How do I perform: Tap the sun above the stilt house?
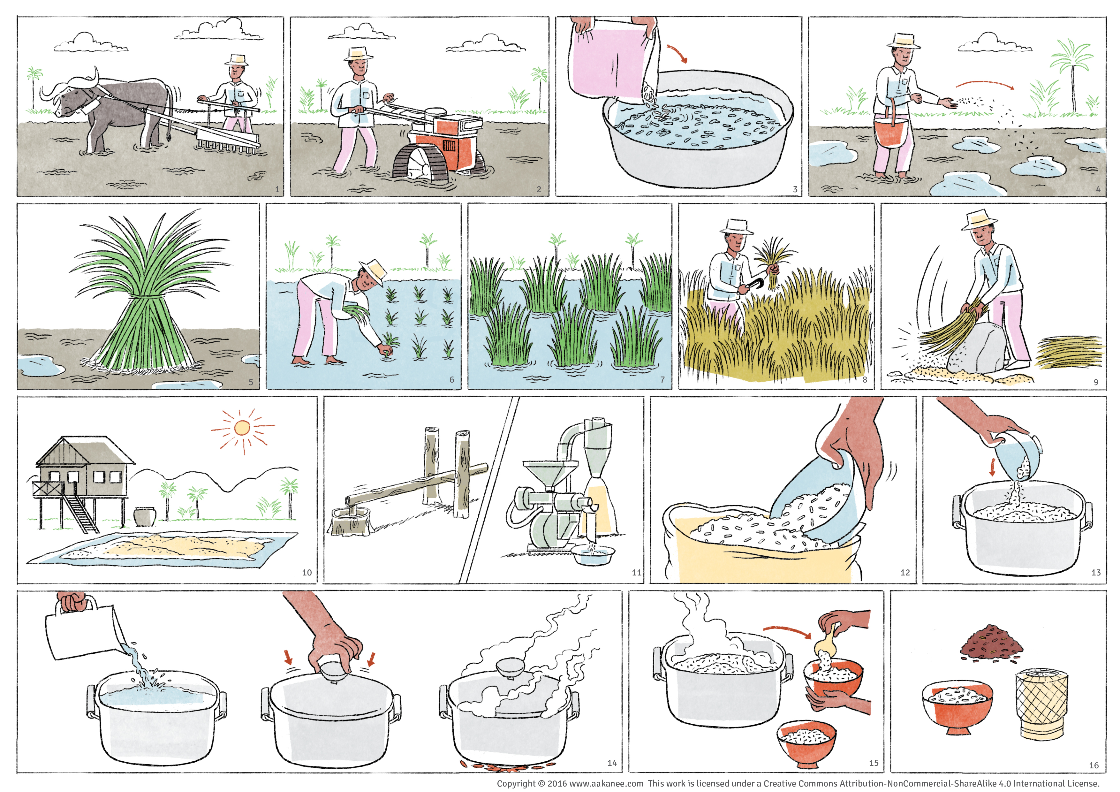[242, 428]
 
